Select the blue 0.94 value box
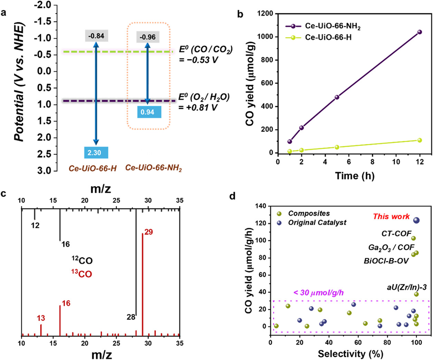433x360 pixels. pyautogui.click(x=147, y=112)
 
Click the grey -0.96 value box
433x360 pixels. pyautogui.click(x=147, y=37)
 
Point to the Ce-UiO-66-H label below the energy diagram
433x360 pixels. pyautogui.click(x=93, y=168)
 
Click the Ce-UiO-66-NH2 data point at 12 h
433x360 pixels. pyautogui.click(x=420, y=32)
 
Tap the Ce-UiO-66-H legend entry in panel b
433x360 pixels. pyautogui.click(x=328, y=37)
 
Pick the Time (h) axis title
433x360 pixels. pyautogui.click(x=355, y=176)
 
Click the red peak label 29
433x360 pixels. pyautogui.click(x=148, y=232)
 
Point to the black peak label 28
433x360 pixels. pyautogui.click(x=131, y=317)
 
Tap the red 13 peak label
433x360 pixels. pyautogui.click(x=41, y=318)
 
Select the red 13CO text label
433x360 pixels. pyautogui.click(x=82, y=274)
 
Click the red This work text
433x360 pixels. pyautogui.click(x=391, y=217)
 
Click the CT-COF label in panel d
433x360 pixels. pyautogui.click(x=396, y=234)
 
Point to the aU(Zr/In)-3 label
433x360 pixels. pyautogui.click(x=406, y=287)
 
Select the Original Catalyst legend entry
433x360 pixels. pyautogui.click(x=317, y=223)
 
